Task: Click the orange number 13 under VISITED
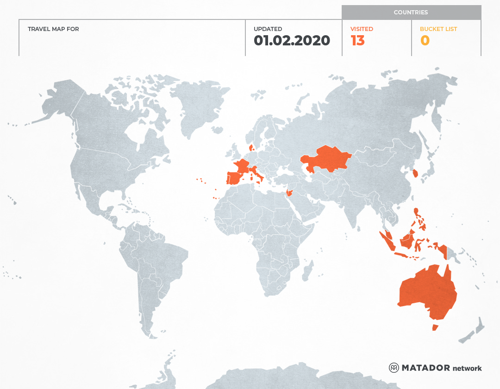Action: [358, 41]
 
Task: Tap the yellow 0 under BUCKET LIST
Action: [425, 41]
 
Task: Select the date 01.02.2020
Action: [292, 41]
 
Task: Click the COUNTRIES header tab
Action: [411, 13]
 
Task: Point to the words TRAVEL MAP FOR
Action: [53, 29]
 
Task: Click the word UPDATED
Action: [268, 29]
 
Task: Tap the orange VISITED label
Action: [362, 29]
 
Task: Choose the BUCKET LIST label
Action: [438, 29]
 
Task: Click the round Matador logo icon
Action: [394, 368]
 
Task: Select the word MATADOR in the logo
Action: [425, 368]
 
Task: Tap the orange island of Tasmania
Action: [435, 327]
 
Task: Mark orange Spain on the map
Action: [234, 178]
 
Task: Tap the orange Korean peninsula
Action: [415, 174]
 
